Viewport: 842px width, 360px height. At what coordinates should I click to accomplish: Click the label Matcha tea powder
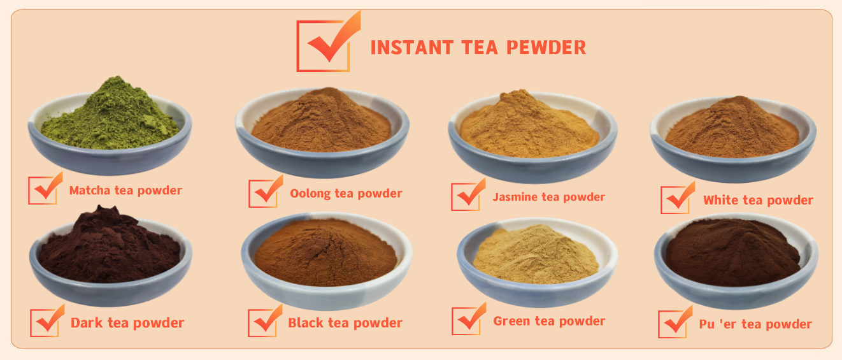coord(125,191)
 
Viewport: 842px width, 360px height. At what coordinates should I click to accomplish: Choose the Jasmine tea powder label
coord(548,197)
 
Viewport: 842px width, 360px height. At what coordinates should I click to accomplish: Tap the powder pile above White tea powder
coord(732,127)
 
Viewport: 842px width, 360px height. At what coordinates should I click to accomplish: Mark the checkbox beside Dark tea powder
coord(46,322)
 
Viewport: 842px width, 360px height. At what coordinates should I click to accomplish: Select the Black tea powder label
coord(345,323)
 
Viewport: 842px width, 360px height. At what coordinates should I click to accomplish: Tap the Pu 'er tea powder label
coord(755,324)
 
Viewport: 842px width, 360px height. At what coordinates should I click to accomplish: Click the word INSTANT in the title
coord(411,48)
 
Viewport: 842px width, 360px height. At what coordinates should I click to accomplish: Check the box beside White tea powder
coord(676,198)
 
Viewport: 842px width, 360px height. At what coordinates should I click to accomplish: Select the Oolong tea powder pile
coord(322,122)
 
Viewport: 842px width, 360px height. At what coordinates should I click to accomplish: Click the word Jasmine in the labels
coord(515,197)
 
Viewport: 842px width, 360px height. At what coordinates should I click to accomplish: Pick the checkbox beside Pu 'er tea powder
coord(674,322)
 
